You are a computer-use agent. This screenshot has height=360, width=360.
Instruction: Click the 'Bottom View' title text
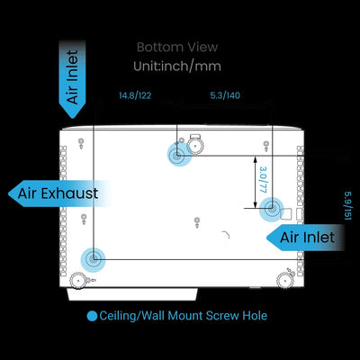click(177, 48)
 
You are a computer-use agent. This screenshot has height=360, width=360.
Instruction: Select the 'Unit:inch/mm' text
click(177, 66)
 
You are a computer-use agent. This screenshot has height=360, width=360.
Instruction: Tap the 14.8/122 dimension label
click(135, 95)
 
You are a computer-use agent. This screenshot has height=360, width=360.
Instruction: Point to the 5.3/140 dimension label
click(225, 95)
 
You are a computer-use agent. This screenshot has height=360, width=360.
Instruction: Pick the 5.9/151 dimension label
click(347, 205)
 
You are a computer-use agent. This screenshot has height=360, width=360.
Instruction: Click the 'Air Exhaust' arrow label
click(58, 193)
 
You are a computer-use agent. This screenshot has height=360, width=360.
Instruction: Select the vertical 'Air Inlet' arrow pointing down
click(72, 78)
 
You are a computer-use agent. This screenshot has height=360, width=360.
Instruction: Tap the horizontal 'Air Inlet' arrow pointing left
click(305, 238)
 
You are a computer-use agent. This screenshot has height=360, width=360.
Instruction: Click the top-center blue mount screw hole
click(179, 155)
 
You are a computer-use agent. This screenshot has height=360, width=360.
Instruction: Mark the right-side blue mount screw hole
click(271, 209)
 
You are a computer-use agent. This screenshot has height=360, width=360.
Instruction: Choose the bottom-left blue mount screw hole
click(93, 260)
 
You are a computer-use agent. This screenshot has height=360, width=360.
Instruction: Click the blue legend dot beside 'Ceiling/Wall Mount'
click(92, 316)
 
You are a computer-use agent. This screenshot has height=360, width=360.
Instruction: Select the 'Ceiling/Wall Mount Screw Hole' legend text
click(183, 316)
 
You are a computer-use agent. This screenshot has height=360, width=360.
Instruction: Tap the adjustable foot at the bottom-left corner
click(78, 280)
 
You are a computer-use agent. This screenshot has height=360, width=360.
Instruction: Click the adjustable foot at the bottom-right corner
click(284, 280)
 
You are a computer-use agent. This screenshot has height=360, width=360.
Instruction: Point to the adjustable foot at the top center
click(195, 146)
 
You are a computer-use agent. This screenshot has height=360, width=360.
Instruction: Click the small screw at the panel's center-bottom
click(197, 222)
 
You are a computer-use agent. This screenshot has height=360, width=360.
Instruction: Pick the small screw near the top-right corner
click(265, 146)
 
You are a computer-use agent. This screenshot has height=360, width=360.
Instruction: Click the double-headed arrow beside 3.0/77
click(255, 182)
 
